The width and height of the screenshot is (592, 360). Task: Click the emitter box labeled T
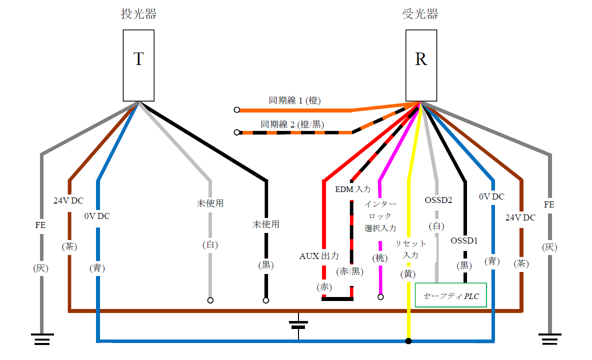[138, 65]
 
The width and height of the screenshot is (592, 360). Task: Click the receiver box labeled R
[421, 65]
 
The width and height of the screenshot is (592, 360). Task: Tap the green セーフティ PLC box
[450, 295]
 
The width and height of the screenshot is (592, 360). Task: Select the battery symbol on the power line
[298, 324]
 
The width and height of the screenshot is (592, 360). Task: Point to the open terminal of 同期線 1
[236, 109]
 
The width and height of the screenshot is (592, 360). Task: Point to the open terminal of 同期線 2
[236, 132]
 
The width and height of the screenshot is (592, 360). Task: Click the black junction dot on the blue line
[408, 341]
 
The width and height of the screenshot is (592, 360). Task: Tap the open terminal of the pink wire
[380, 297]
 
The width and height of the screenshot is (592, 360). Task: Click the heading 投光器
[138, 14]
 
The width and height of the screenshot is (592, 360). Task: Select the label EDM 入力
[352, 189]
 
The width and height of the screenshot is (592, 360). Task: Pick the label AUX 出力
[319, 256]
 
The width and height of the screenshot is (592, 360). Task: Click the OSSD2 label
[438, 200]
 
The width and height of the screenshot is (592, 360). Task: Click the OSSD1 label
[464, 240]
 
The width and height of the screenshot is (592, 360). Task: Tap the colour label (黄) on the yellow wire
[408, 273]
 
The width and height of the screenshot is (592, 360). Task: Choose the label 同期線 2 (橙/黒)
[292, 124]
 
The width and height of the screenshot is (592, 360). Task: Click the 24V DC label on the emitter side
[68, 201]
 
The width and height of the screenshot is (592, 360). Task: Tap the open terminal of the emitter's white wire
[210, 300]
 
